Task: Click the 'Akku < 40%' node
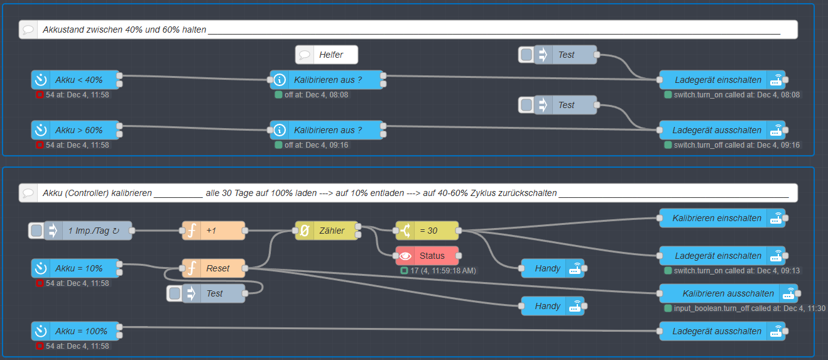(79, 80)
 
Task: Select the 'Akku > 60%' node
(79, 130)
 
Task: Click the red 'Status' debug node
(432, 256)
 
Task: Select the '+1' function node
(214, 231)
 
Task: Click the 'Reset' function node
(217, 268)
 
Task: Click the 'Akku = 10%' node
(79, 268)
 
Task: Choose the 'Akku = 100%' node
(79, 331)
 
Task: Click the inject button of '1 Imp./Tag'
(36, 231)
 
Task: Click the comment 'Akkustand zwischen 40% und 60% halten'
(124, 30)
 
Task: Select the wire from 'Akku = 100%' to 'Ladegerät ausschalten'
(389, 329)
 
